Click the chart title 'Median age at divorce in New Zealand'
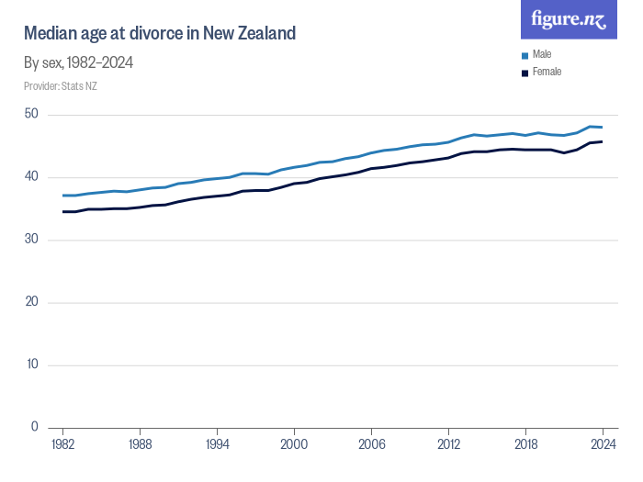pos(160,34)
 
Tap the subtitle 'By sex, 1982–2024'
pos(80,63)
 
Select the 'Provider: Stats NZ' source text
pos(61,86)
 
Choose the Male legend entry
pos(541,54)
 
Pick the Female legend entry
pos(546,72)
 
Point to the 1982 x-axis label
pos(62,443)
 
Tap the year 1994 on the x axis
pos(217,443)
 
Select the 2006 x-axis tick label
pos(371,443)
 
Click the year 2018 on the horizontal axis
pos(525,443)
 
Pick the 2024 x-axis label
pos(603,443)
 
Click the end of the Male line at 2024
pos(603,128)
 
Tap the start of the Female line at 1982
pos(62,211)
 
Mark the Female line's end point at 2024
pos(603,141)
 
